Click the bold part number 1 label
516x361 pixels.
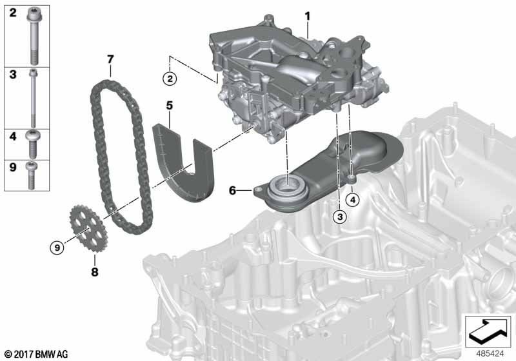click(308, 15)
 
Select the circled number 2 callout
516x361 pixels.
click(169, 79)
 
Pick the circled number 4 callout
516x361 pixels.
click(352, 200)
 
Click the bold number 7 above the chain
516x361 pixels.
click(110, 59)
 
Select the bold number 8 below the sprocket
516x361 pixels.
click(95, 272)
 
